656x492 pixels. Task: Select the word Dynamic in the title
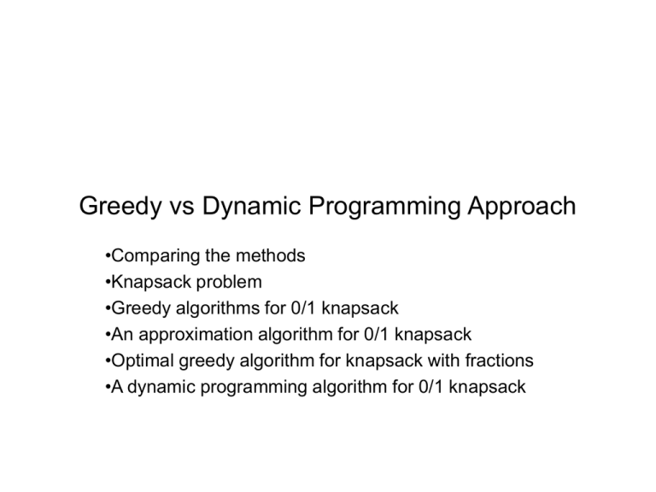(x=248, y=208)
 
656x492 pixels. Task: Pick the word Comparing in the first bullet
(x=143, y=255)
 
